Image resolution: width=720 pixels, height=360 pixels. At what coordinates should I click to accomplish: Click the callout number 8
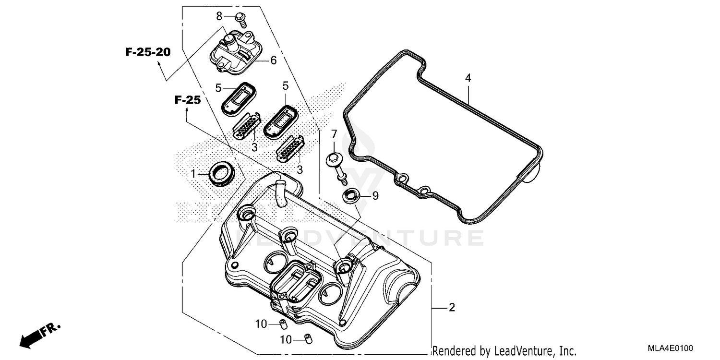219,16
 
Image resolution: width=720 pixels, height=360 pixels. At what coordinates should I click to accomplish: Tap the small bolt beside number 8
241,18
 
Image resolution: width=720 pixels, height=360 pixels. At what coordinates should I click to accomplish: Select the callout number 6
273,60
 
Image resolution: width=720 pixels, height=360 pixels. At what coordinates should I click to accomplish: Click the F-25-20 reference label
148,52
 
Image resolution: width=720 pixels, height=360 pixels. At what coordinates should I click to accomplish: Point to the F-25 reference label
187,100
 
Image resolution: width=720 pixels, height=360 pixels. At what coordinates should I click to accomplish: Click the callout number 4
468,78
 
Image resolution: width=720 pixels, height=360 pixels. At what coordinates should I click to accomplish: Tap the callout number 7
334,134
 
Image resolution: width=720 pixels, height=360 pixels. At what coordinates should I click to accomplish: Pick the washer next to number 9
352,196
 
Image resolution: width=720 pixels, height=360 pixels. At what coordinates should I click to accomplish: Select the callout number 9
375,195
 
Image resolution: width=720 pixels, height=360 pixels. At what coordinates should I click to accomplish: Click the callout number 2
451,307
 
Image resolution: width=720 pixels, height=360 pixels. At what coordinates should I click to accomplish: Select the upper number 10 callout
261,324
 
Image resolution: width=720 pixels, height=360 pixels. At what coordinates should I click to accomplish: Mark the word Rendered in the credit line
451,350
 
